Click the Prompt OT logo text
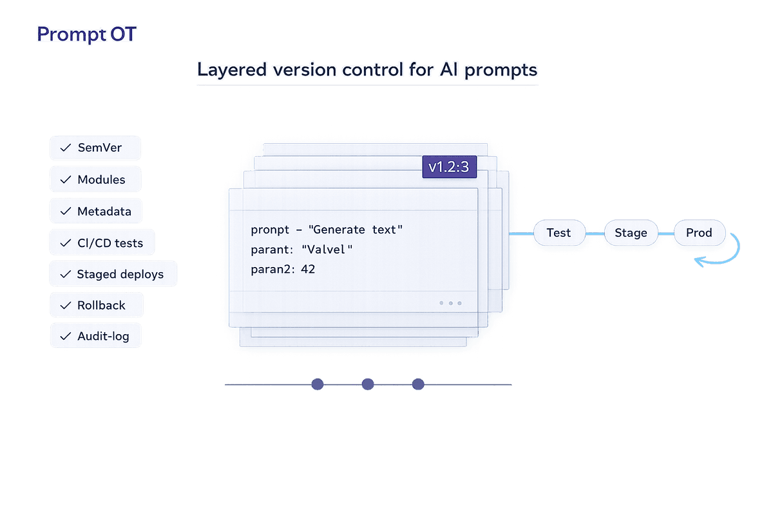click(86, 34)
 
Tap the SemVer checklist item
click(95, 148)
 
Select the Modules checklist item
click(95, 180)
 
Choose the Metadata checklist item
click(95, 211)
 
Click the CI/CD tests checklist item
click(102, 243)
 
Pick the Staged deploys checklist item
click(113, 274)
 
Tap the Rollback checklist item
click(97, 305)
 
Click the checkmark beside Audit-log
click(65, 337)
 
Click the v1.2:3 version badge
click(448, 168)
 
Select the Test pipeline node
click(559, 232)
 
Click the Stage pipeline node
click(631, 232)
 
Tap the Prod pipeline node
click(699, 232)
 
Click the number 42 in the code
click(308, 270)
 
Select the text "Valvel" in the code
click(328, 250)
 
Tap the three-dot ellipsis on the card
click(450, 303)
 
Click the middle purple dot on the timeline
click(368, 384)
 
